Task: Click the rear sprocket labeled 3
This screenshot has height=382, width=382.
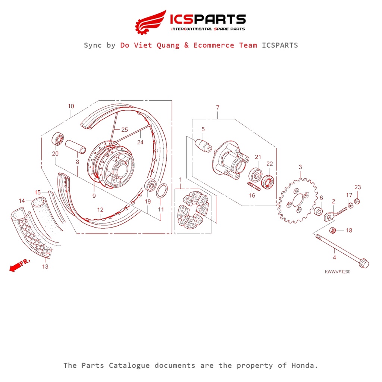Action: click(297, 201)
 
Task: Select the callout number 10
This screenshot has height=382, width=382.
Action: click(71, 106)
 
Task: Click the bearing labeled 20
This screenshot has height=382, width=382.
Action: click(57, 139)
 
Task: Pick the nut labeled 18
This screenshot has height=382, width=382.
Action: click(334, 230)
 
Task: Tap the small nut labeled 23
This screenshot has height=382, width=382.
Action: click(357, 201)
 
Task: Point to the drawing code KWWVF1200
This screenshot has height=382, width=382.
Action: click(337, 272)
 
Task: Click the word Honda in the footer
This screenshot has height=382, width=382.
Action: click(304, 365)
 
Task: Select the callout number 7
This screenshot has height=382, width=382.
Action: click(217, 107)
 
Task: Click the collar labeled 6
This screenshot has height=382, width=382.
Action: click(319, 212)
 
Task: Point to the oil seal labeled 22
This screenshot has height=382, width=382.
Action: click(269, 181)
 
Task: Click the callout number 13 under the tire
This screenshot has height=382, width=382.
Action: click(45, 267)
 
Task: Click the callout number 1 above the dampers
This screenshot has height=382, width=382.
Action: click(180, 179)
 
